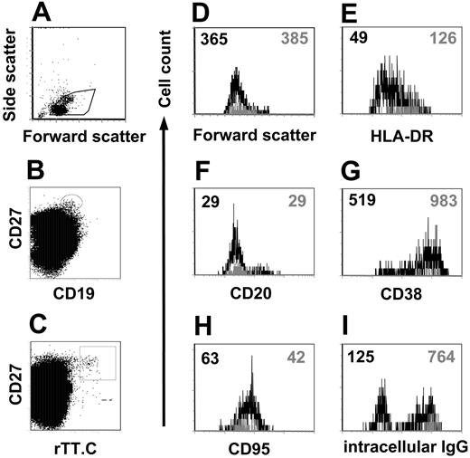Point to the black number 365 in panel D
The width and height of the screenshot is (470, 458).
pyautogui.click(x=211, y=38)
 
